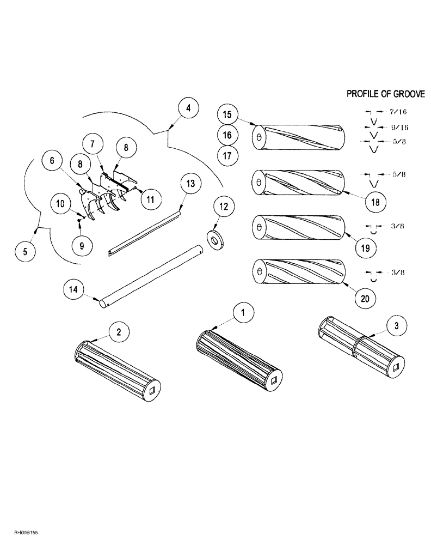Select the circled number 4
[x=188, y=108]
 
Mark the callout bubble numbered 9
[x=82, y=245]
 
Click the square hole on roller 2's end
[x=154, y=389]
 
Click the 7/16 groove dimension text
[x=398, y=112]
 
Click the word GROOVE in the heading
[x=405, y=94]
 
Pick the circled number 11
[x=150, y=199]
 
